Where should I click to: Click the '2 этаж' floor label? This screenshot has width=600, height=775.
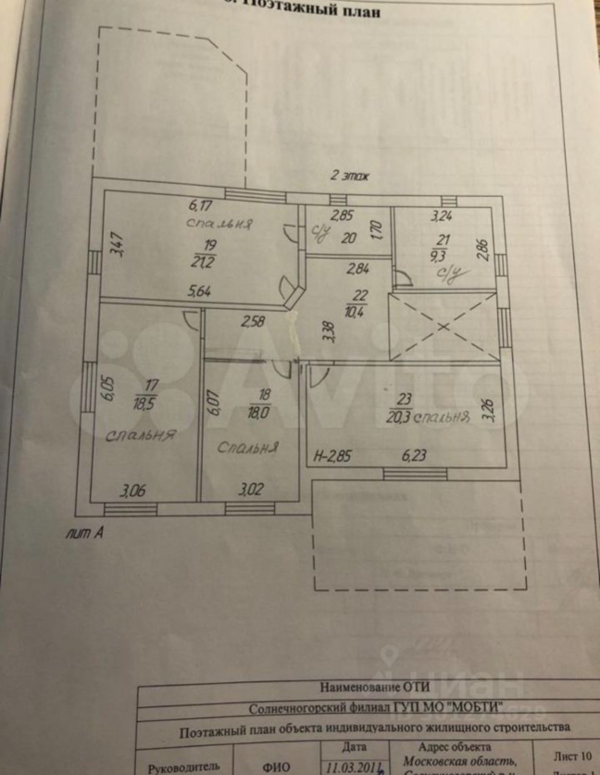pyautogui.click(x=349, y=176)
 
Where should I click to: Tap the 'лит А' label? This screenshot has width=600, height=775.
pyautogui.click(x=84, y=533)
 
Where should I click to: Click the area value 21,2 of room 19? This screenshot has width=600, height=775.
pyautogui.click(x=202, y=262)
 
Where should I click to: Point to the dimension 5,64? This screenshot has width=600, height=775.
pyautogui.click(x=199, y=291)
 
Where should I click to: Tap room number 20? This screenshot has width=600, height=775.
pyautogui.click(x=349, y=237)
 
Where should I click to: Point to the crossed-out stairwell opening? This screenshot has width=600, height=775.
pyautogui.click(x=443, y=326)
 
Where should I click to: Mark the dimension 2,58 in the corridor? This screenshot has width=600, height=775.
pyautogui.click(x=253, y=321)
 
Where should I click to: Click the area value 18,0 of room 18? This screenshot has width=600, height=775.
pyautogui.click(x=259, y=413)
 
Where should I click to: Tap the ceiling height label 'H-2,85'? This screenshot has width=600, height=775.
pyautogui.click(x=333, y=456)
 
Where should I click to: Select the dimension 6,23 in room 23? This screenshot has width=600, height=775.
pyautogui.click(x=413, y=455)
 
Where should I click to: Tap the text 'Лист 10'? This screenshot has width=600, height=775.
pyautogui.click(x=573, y=756)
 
